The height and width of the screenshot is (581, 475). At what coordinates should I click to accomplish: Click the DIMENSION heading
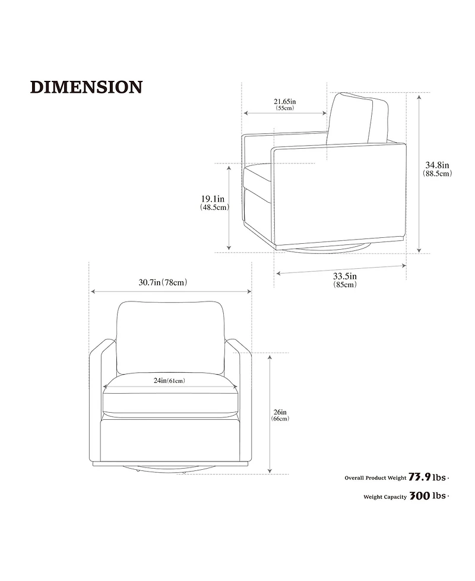pos(86,87)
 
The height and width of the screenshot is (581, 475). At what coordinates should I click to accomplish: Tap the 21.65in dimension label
pos(284,101)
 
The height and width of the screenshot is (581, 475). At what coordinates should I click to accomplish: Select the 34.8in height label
pos(437,165)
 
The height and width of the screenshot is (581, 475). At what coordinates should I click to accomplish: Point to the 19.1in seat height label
pos(213,199)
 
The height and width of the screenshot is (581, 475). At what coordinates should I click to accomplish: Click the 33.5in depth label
pos(345,277)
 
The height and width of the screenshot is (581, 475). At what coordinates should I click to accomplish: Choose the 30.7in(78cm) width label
pos(163,282)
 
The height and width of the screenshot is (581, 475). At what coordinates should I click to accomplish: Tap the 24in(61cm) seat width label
pos(169,381)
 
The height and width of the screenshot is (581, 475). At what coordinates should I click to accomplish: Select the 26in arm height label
pos(280,412)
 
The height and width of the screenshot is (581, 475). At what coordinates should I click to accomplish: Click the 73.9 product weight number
pos(420,478)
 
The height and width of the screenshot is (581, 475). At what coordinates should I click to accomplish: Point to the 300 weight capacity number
pos(420,496)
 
